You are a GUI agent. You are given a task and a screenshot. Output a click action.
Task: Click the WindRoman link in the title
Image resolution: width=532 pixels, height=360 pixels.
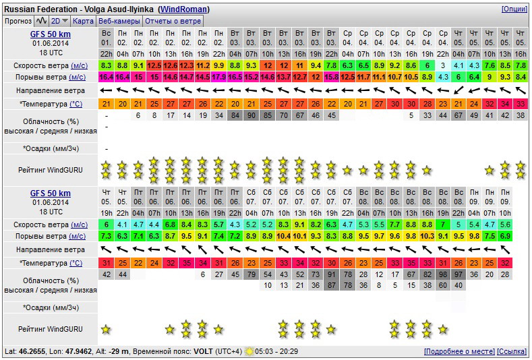coord(183,9)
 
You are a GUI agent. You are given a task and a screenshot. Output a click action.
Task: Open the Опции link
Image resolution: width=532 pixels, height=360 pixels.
coord(514,9)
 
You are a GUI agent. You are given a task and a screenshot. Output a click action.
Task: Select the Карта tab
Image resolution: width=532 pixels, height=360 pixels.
coord(83,21)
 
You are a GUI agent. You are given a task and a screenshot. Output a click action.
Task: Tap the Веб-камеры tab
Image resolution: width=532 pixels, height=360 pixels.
coord(119,21)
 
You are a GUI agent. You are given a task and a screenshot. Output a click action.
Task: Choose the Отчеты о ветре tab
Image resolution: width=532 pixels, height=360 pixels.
coord(173,21)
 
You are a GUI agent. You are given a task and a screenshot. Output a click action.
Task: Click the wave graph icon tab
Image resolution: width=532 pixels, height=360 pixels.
coord(41,21)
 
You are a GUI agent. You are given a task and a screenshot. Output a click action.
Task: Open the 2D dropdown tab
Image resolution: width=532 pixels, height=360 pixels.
coord(59,21)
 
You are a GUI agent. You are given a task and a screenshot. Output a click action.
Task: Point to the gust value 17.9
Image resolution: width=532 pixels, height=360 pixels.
coord(219,77)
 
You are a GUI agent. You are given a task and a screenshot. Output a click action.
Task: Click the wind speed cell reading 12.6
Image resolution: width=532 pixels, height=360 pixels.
coord(171,65)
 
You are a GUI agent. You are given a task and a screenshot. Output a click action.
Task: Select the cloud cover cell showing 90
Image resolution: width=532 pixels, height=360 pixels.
coord(251,115)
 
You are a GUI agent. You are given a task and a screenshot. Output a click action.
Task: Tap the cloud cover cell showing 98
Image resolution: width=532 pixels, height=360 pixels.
coord(443,274)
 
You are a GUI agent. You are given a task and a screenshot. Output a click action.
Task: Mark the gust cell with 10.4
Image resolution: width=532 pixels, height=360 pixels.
coord(284,236)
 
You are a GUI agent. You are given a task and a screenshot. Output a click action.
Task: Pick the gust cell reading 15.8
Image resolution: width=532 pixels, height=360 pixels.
coord(332,77)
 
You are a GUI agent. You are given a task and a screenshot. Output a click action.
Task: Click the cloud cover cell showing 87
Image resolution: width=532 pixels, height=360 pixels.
coord(332,285)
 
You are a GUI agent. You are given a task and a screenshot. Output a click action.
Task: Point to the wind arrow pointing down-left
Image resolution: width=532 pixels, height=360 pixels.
coord(458,90)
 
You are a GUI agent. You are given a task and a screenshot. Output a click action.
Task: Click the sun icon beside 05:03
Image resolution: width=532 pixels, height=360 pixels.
coord(249,351)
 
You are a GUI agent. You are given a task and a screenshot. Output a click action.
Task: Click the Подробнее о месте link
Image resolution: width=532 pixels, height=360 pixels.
coord(459,351)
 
